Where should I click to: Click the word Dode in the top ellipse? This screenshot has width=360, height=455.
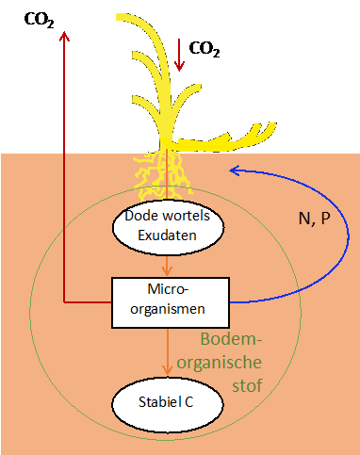143,217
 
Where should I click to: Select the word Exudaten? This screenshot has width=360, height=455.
169,236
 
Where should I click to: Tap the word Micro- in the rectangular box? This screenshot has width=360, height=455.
170,286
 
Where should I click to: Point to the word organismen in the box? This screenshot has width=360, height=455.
170,306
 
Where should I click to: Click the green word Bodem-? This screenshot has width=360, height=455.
242,339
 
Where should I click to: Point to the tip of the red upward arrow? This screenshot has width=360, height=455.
64,32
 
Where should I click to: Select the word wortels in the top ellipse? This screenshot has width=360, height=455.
190,217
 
